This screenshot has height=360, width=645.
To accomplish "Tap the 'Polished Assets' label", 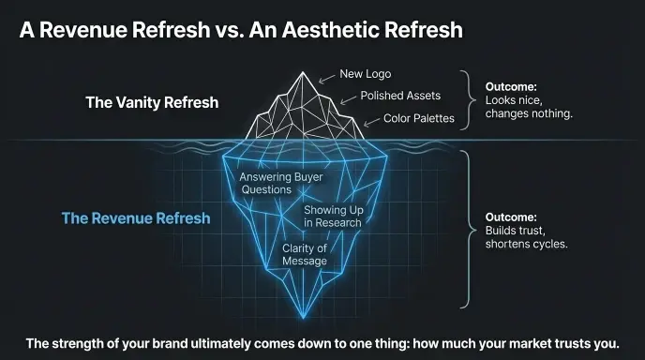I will pos(400,96).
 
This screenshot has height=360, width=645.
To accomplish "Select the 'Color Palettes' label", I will pos(419,119).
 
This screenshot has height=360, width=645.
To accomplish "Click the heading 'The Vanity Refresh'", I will pos(152,102).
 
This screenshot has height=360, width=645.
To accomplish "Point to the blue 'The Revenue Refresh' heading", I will pos(136,218).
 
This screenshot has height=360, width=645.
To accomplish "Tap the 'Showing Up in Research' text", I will pos(333,217).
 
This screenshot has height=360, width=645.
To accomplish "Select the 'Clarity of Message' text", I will pos(305,254).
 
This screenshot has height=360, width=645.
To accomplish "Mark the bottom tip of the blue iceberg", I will pos(302,316).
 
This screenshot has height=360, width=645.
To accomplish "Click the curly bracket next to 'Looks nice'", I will pos(466,99).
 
